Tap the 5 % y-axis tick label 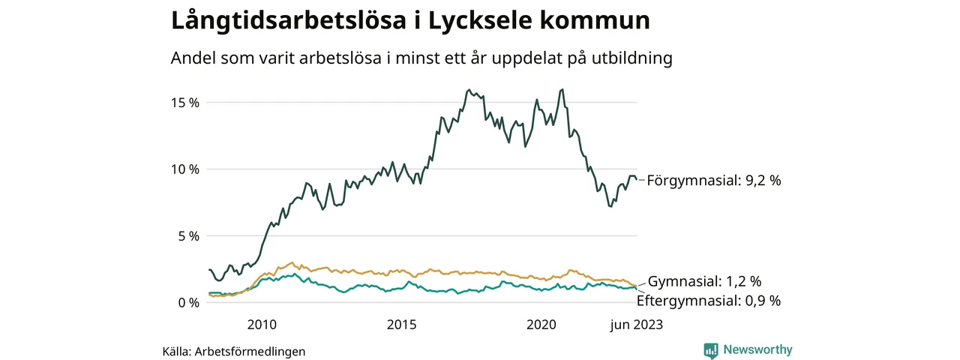187,235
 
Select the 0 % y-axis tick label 187,302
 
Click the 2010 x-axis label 262,325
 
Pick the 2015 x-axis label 402,325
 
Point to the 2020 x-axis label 541,325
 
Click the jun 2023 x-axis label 636,325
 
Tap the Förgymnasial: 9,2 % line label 714,181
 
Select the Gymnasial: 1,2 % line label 704,282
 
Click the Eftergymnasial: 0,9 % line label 708,301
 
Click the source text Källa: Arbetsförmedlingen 233,351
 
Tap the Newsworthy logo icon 711,349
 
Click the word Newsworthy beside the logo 757,349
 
